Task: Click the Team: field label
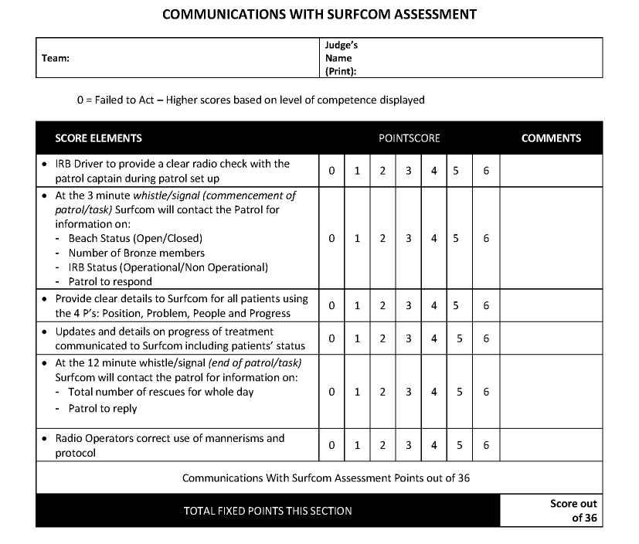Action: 56,58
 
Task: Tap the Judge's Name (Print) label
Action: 341,58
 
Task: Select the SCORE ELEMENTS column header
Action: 98,138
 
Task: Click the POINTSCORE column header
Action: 409,138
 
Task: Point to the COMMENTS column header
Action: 551,138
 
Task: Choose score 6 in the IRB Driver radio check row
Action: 486,171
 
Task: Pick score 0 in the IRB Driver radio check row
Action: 331,171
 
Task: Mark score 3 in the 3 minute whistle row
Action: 408,239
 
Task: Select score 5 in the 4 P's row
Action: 456,306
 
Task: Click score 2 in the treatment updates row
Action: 382,338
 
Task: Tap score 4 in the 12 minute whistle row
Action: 434,392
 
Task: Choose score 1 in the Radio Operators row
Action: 357,445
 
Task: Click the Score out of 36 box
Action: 574,511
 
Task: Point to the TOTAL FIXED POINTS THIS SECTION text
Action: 267,511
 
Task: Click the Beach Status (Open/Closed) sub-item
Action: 135,238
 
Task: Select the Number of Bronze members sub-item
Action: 137,253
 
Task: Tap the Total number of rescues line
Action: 161,392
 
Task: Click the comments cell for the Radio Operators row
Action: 551,445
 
